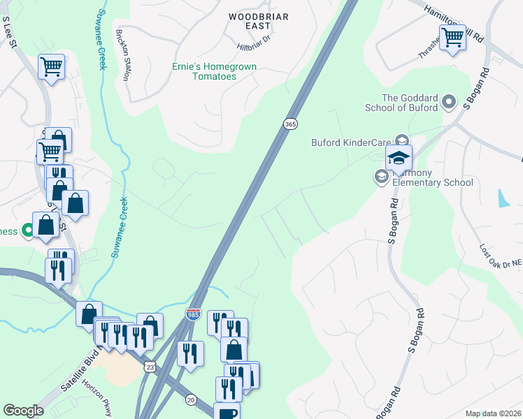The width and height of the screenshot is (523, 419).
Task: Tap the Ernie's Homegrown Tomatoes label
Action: point(214,71)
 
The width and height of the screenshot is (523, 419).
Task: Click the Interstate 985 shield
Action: point(194,315)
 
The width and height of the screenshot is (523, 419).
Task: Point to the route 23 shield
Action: point(150,367)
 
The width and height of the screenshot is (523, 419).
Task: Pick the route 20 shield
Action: point(191,399)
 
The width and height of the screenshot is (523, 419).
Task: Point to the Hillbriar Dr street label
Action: point(253,47)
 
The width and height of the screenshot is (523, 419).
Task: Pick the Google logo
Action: point(24,411)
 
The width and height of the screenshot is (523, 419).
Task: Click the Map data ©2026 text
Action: point(493,413)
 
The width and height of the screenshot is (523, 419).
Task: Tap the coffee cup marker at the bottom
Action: point(227,412)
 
